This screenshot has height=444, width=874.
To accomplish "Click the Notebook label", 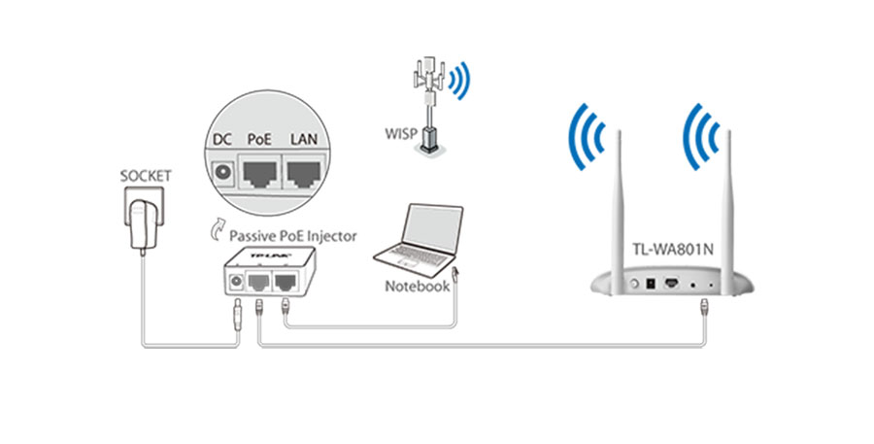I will click(x=418, y=287).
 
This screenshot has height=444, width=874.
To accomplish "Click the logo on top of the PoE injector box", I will click(x=272, y=256).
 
